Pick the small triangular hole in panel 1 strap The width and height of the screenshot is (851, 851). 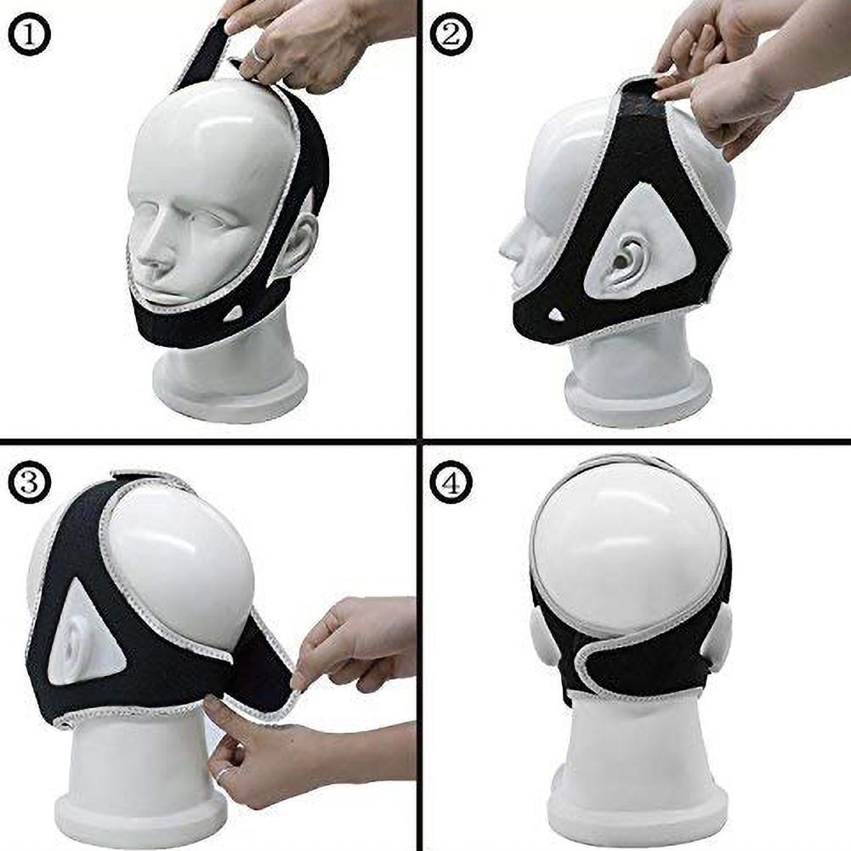[232, 314]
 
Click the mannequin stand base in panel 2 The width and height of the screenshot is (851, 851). [638, 400]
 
